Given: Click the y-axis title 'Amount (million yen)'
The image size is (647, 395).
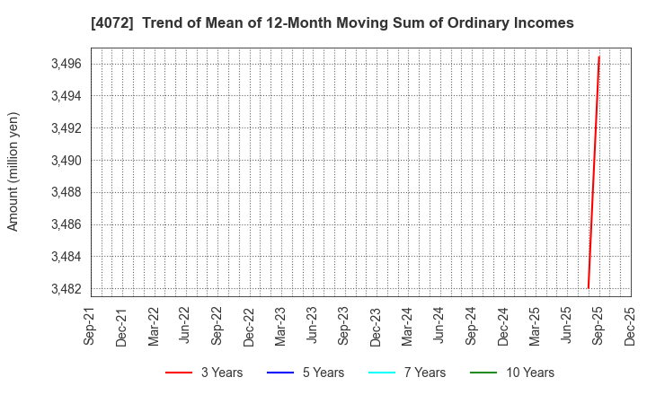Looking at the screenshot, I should pyautogui.click(x=13, y=171).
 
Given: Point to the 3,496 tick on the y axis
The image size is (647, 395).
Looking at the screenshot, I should pyautogui.click(x=64, y=64).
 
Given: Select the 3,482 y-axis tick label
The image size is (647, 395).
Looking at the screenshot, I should pyautogui.click(x=64, y=289).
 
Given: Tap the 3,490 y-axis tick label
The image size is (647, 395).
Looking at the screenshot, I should pyautogui.click(x=64, y=161).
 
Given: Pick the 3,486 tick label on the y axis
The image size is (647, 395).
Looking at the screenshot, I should pyautogui.click(x=64, y=224).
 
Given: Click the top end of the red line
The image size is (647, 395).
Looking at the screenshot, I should pyautogui.click(x=598, y=57).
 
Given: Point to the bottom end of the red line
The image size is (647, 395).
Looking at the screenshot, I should pyautogui.click(x=589, y=288).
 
